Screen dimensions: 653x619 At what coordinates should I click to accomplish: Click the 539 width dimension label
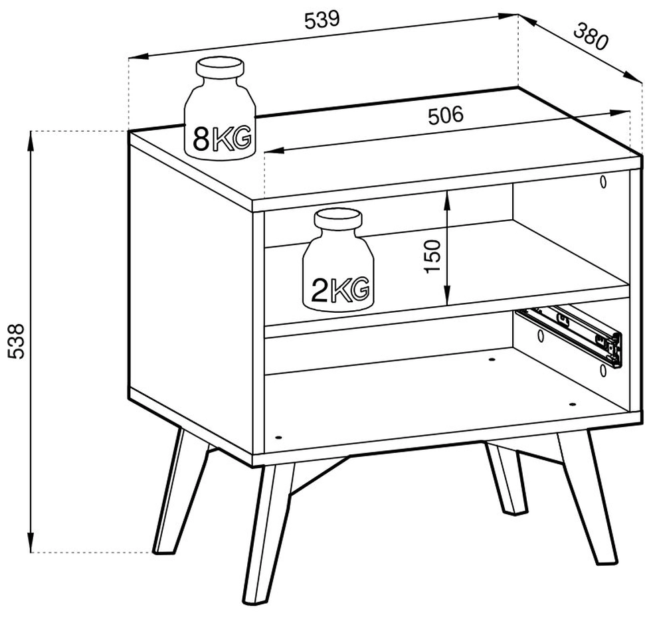pos(322,21)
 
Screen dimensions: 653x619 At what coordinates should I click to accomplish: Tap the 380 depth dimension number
pos(591,37)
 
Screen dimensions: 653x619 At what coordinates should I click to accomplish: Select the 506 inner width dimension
pos(446,116)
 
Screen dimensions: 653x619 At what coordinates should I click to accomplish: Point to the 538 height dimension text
pos(17,341)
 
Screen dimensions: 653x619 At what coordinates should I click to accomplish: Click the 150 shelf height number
pos(432,256)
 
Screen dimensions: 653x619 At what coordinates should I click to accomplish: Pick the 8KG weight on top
pos(219,109)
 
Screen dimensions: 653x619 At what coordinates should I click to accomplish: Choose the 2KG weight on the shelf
pos(338,260)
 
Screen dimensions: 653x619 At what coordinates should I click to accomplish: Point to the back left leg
pos(180,491)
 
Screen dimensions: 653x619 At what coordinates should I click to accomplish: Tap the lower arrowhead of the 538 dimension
pos(31,541)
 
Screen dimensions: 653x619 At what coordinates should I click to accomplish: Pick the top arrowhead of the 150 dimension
pos(446,201)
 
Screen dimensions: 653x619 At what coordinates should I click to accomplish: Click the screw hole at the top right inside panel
pos(603,181)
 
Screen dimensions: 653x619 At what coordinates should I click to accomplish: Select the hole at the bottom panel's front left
pos(278,438)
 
